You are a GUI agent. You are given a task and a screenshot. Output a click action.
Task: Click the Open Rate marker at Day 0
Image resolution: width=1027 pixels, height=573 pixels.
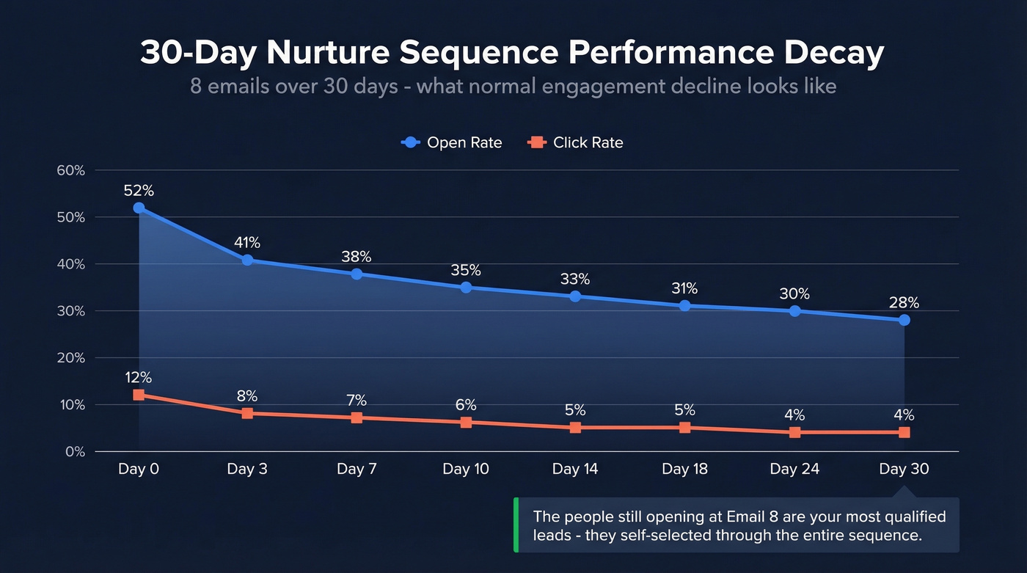click(139, 208)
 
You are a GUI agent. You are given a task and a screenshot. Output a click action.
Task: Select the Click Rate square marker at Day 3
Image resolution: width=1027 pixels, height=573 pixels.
click(247, 413)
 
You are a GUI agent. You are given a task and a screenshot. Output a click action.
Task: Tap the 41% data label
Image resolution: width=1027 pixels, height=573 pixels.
click(247, 242)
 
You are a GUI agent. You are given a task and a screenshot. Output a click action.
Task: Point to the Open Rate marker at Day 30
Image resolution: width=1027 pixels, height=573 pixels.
click(904, 320)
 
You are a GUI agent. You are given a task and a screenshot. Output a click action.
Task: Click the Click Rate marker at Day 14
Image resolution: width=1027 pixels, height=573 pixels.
click(575, 427)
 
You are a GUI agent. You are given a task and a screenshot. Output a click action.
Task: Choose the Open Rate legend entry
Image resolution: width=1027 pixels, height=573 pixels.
click(452, 142)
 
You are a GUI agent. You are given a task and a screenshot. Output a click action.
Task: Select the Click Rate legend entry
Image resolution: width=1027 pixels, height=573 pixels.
click(576, 142)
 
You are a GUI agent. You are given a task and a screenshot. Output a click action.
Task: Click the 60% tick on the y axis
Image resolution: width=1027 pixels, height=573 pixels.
click(71, 170)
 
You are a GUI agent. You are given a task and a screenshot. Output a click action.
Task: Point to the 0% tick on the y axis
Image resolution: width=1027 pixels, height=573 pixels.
click(75, 452)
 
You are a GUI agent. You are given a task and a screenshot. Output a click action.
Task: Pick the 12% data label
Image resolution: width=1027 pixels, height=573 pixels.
click(139, 378)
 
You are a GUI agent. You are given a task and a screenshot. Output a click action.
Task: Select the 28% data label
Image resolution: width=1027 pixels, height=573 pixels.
click(904, 302)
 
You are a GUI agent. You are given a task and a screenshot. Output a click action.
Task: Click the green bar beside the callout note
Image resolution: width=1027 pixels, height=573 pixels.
click(516, 525)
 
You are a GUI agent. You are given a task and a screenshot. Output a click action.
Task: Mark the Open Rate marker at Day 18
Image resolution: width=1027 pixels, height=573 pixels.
click(684, 305)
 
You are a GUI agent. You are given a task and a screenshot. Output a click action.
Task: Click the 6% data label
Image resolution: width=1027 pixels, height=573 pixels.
click(466, 405)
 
